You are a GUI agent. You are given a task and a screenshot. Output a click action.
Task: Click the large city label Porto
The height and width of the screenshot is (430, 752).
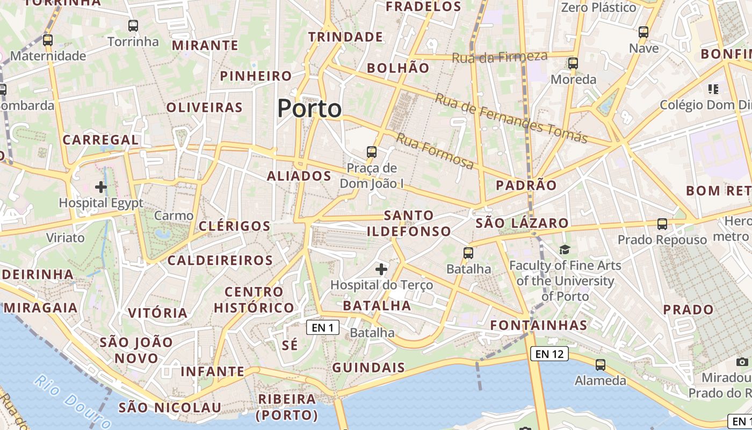point(309,109)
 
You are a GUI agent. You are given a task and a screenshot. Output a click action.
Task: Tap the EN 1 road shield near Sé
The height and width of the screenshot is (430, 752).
point(323,327)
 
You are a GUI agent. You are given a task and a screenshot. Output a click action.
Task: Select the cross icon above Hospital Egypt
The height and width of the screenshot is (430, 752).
point(100,187)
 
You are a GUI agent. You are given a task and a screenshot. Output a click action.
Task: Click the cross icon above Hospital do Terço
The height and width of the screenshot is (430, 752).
point(381,269)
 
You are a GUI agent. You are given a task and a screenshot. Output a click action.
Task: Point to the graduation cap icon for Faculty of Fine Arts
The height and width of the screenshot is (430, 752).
point(565,249)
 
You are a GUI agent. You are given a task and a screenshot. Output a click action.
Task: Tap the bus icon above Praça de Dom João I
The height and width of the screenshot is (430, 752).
point(372,152)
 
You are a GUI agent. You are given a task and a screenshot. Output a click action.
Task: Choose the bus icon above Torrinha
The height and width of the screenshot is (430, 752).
point(133,25)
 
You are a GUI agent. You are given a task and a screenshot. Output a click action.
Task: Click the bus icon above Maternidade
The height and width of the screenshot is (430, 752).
point(48,40)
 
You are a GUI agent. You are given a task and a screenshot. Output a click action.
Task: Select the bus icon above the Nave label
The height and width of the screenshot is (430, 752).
point(643,32)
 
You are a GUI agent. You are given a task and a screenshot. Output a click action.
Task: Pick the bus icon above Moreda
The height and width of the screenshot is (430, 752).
point(573,63)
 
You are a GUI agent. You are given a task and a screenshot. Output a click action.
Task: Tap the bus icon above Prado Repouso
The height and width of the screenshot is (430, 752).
point(662,224)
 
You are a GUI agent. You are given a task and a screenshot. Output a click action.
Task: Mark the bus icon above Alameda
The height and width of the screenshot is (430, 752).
point(601,364)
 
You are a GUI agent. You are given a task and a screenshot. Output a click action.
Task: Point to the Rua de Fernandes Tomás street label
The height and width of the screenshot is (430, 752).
point(511,119)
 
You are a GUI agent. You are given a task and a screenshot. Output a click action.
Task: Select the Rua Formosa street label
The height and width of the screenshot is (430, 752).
point(435,151)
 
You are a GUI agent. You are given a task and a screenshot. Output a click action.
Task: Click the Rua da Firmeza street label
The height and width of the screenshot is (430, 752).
point(500,56)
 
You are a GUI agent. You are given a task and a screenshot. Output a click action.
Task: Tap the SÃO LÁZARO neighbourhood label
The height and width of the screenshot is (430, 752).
point(522,223)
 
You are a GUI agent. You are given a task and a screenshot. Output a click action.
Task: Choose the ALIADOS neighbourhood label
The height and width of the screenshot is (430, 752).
point(299,176)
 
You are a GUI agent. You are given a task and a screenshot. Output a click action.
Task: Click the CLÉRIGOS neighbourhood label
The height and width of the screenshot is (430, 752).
point(234,226)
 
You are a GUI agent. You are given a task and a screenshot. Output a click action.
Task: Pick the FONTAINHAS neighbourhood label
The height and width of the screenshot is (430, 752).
point(539,325)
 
